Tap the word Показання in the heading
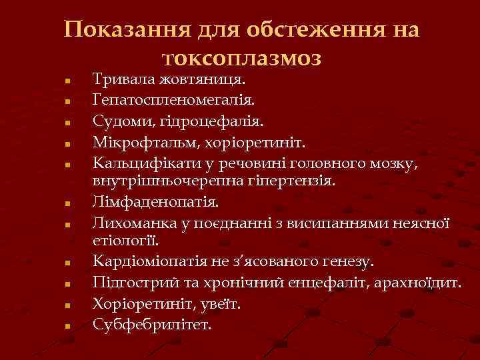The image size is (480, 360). click(127, 30)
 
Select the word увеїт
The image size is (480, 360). click(223, 303)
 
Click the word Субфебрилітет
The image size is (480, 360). click(152, 325)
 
